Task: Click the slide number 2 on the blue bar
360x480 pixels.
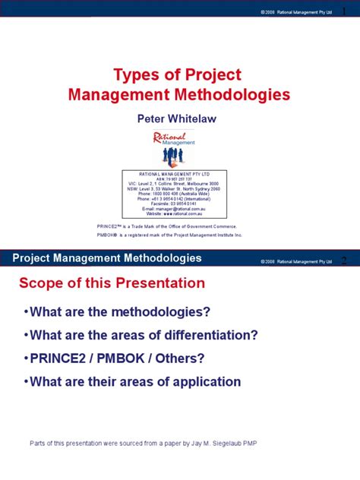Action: pos(344,260)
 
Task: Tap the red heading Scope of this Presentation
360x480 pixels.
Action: pos(112,283)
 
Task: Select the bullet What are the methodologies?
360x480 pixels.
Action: pos(118,313)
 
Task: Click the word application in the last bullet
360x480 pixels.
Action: pos(206,381)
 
